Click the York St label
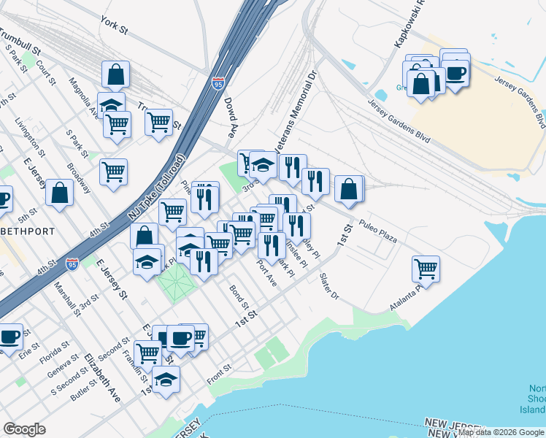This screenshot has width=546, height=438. pos(115,27)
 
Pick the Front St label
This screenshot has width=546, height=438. pos(218,372)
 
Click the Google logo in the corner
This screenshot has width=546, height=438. pos(25,429)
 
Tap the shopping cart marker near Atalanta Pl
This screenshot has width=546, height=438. pos(426,268)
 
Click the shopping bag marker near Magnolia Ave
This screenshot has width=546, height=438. pos(115,74)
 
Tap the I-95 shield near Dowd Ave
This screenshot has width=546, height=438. pos(218,84)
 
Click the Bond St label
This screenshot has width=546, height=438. pos(239,296)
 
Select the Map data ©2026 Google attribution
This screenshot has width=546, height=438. pos(501,433)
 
